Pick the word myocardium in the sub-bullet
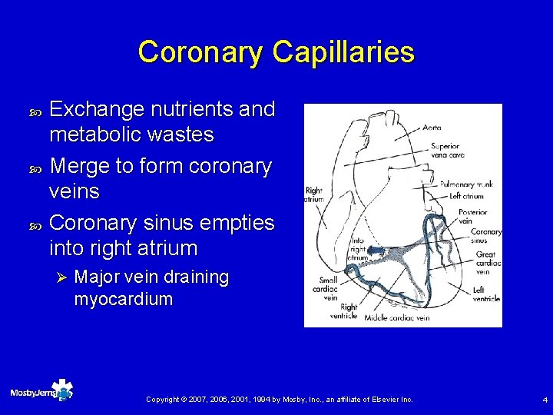coord(123,299)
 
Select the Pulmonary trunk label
coord(466,184)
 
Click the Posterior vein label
coord(472,217)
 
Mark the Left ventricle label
coord(486,294)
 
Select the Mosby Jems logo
coord(41,392)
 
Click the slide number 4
coord(544,400)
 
